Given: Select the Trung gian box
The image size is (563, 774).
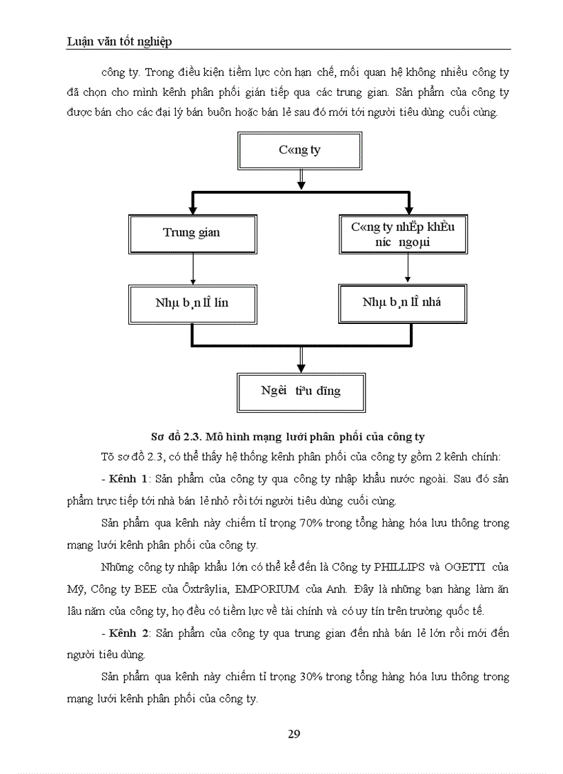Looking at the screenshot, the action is coord(192,233).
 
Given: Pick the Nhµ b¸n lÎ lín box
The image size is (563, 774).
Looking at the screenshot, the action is coord(192,303).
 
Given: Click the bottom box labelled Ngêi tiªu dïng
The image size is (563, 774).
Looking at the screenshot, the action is coord(301,391).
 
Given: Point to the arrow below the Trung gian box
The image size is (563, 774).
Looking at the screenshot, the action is coord(192,269).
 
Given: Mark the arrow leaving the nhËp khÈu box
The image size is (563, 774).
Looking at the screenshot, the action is coord(407,269).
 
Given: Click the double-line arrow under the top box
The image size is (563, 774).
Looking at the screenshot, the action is coord(301,180).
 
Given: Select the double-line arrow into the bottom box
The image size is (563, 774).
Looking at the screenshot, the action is coord(301,358).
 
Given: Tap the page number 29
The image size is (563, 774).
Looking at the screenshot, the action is coord(294,733).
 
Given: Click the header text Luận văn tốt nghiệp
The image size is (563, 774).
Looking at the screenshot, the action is coord(119,41).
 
